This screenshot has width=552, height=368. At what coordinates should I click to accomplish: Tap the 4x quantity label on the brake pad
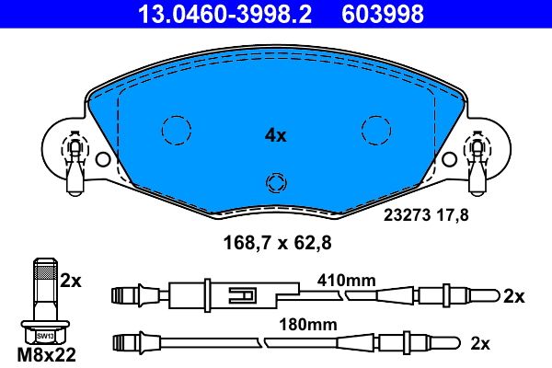[276, 135]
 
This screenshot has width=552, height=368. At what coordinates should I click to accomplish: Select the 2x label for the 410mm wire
[514, 296]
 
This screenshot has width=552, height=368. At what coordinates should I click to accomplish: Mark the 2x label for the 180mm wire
[505, 343]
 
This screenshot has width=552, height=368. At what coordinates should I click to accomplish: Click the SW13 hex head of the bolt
[41, 335]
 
